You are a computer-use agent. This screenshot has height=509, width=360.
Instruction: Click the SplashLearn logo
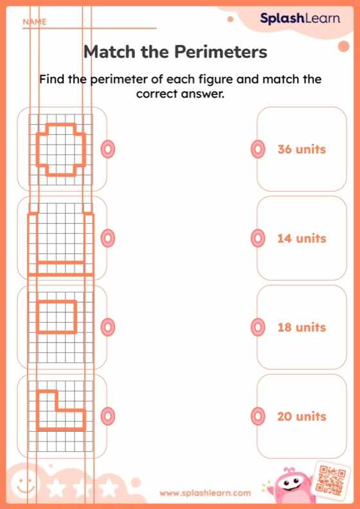click(x=300, y=19)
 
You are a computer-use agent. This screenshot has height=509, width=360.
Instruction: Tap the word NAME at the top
click(x=35, y=22)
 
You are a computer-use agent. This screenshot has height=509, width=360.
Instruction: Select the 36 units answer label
click(x=301, y=150)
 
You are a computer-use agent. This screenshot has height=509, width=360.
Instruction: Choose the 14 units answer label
click(x=301, y=238)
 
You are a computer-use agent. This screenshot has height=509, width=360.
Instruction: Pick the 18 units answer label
click(x=301, y=328)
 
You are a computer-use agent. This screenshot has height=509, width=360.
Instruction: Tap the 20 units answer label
click(x=301, y=416)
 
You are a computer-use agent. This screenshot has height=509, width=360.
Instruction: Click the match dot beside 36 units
click(x=257, y=150)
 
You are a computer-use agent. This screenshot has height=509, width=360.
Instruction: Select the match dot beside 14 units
click(x=257, y=238)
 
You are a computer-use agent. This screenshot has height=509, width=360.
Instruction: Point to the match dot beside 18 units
click(x=257, y=328)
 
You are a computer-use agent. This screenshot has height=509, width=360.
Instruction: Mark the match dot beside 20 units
click(x=257, y=416)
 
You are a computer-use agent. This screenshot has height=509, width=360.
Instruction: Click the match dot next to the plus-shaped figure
click(x=108, y=150)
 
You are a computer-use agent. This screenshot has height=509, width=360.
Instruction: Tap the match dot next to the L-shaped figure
click(x=108, y=416)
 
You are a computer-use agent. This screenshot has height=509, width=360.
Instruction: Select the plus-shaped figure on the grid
click(x=60, y=149)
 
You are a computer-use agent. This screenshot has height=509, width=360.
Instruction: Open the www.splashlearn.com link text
click(x=205, y=493)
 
